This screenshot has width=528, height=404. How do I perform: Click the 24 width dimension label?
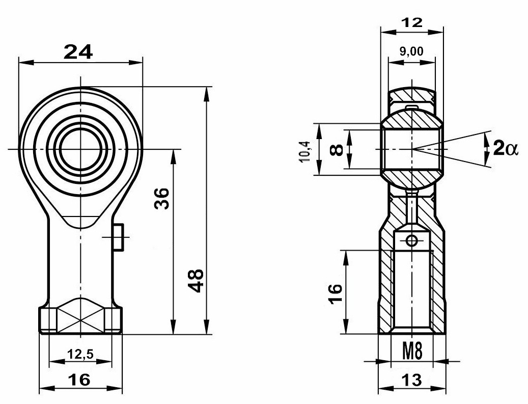pos(78,52)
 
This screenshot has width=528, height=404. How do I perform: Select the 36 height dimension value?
pos(161,199)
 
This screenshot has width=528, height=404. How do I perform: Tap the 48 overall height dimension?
pos(196,281)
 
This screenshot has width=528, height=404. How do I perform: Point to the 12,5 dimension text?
pos(80,354)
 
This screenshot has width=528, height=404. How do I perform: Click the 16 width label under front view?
pos(79,380)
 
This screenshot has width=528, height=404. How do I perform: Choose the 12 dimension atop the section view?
pos(412,22)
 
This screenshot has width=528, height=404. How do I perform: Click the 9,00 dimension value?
pos(411,51)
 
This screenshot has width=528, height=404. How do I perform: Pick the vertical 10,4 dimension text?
pos(305,151)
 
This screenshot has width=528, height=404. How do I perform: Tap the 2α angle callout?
pos(505,148)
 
